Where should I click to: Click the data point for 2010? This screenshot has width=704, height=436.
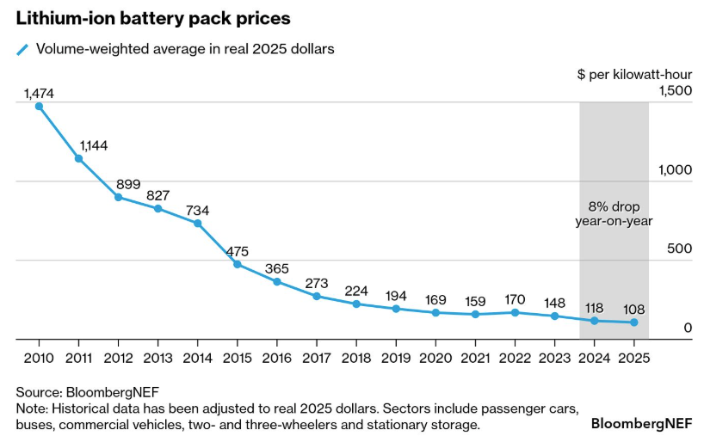click(39, 107)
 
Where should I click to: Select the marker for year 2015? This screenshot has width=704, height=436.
click(238, 264)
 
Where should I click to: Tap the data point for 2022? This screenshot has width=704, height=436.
click(515, 312)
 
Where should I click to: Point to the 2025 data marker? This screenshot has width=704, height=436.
click(634, 322)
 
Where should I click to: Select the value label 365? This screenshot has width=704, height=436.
click(277, 268)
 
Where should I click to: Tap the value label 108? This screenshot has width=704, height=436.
click(634, 309)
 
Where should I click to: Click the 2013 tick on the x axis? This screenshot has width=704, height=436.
click(157, 357)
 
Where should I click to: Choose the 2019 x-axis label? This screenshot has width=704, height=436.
click(396, 357)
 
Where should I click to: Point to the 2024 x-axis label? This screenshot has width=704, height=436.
click(594, 357)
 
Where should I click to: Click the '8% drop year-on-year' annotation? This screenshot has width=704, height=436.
click(614, 214)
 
